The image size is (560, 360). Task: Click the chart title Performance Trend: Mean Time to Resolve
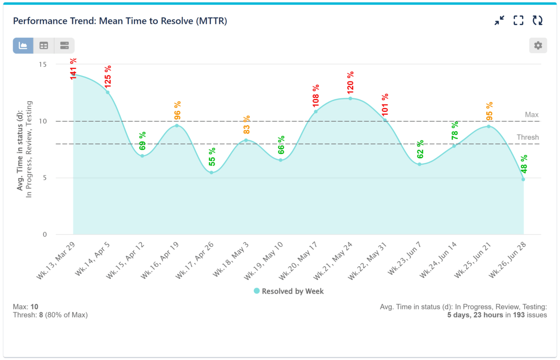120,21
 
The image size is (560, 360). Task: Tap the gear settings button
538,46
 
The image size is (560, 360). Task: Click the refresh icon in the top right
538,21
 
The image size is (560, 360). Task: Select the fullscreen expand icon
518,21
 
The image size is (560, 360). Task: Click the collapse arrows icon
499,21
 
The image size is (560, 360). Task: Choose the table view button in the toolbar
43,46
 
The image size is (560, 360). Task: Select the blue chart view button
23,46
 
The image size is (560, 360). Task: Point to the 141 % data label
73,69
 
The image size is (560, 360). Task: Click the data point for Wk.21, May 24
350,98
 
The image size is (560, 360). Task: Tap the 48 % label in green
524,164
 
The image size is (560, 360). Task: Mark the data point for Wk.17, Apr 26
211,173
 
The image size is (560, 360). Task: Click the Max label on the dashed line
532,115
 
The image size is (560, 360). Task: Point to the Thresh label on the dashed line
527,138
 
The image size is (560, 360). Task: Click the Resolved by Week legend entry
288,291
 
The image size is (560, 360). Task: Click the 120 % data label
350,82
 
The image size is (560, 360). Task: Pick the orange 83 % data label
246,125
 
